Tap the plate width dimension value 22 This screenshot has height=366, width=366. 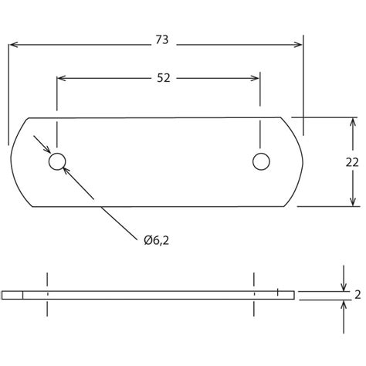click(351, 162)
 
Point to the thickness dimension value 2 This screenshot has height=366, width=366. click(358, 294)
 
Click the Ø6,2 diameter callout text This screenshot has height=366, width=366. click(155, 241)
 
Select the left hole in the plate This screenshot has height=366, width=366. click(56, 161)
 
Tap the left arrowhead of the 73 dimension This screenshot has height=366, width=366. click(15, 46)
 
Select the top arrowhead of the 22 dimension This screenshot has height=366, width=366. click(354, 123)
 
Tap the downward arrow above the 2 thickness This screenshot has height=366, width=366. click(343, 286)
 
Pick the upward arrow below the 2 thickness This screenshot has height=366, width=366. click(343, 303)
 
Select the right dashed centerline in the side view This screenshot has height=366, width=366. click(253, 294)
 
